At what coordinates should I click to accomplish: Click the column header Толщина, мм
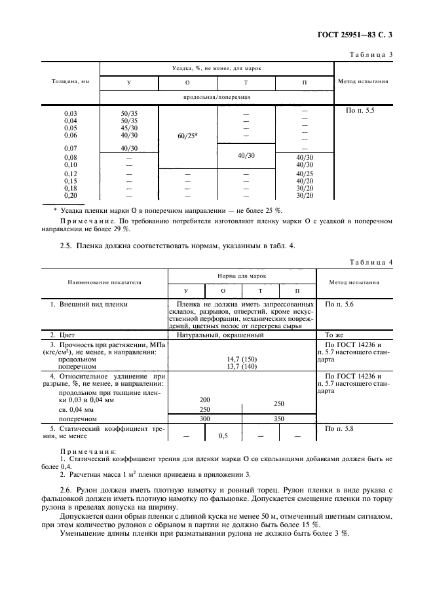[x=70, y=83]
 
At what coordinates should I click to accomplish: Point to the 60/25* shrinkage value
[x=187, y=136]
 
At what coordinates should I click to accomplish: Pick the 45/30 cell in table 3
[x=129, y=128]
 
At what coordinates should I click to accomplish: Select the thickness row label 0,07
[x=70, y=148]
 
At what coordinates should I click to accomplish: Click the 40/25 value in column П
[x=305, y=174]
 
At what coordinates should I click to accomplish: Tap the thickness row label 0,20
[x=70, y=195]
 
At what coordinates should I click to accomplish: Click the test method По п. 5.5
[x=360, y=113]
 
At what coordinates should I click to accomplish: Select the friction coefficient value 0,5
[x=223, y=435]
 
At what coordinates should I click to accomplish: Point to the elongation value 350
[x=278, y=418]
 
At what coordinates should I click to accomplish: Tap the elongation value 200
[x=204, y=399]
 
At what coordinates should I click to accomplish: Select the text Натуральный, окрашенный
[x=221, y=335]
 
